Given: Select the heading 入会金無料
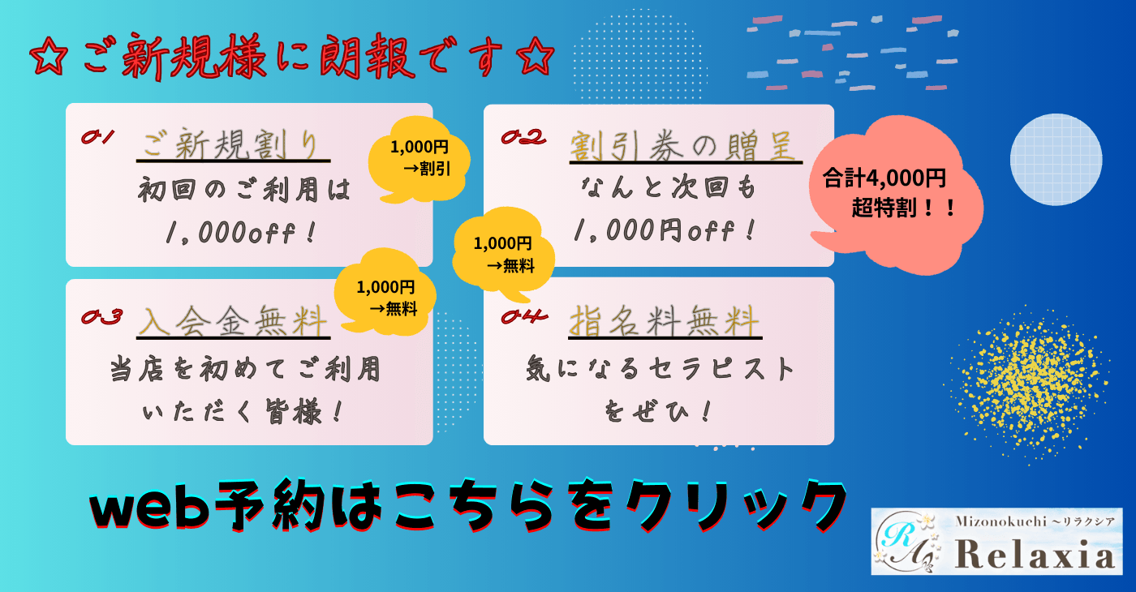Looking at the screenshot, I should (234, 320).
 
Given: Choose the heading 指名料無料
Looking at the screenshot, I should (665, 320).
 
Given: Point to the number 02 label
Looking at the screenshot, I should (523, 137).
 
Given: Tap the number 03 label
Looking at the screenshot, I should (102, 316).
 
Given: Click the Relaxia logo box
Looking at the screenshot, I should (996, 542).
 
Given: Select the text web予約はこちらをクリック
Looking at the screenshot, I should (463, 504).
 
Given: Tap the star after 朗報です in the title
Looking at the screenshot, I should (535, 58).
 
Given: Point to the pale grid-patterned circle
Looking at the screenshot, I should (1056, 159).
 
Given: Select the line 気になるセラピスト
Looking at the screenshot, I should (660, 369).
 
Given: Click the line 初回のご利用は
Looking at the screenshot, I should (244, 191).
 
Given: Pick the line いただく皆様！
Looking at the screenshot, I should (243, 413).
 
